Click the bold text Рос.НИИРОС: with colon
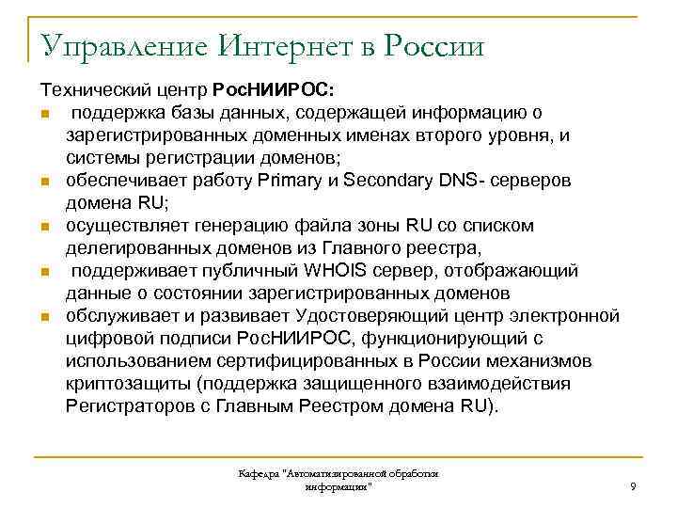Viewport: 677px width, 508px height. click(278, 89)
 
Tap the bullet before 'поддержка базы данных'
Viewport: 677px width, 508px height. click(44, 113)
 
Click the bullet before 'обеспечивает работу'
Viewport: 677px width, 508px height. click(44, 181)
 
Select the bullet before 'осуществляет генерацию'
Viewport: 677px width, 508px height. click(44, 226)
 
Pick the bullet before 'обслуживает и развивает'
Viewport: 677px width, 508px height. click(44, 316)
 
